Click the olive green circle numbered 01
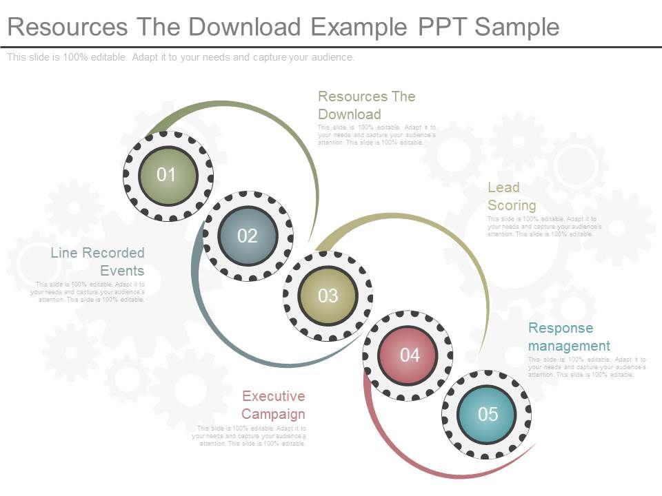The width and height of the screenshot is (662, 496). pos(168,176)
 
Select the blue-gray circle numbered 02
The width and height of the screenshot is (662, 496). pos(248,236)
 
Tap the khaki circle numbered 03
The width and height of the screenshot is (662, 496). pos(328,296)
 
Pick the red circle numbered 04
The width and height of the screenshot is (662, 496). pos(408,355)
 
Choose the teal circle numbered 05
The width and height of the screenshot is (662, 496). pos(487,415)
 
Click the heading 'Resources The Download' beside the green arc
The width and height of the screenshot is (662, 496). pos(366,105)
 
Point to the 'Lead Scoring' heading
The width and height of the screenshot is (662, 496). pos(512,196)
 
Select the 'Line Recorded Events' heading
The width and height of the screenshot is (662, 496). pos(97,262)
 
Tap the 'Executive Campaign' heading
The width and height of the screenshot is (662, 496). pos(273,405)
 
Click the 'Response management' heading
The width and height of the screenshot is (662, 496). pos(569,337)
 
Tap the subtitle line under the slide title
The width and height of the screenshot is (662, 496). pos(181,58)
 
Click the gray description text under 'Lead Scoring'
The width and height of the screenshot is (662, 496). pos(544,227)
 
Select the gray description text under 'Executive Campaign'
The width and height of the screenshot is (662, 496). pos(249,436)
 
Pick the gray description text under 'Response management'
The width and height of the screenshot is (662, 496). pos(587,367)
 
